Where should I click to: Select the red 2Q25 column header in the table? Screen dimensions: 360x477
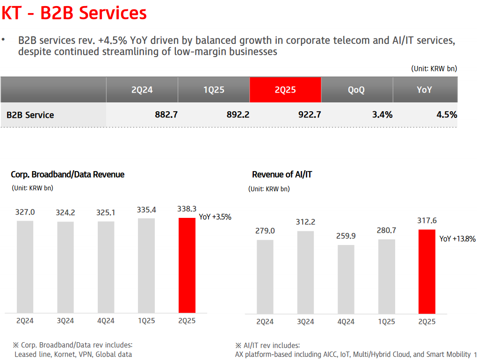[x=285, y=90]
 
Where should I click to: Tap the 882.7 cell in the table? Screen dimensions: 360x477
[x=166, y=115]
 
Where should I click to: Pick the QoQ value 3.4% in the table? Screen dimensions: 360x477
[x=382, y=115]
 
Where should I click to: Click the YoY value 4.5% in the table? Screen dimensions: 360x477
[x=447, y=115]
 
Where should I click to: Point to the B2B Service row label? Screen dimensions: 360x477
[x=30, y=115]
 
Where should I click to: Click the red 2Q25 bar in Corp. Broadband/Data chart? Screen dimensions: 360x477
[x=187, y=265]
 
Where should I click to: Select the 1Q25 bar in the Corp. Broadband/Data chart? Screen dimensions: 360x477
[x=146, y=266]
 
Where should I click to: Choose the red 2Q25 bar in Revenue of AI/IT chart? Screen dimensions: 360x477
[x=426, y=271]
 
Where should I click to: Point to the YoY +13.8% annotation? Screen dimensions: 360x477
[x=457, y=239]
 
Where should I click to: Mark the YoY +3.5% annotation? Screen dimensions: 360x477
[x=215, y=217]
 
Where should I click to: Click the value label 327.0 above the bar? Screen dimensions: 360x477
[x=25, y=212]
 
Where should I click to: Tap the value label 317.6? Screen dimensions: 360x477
[x=426, y=221]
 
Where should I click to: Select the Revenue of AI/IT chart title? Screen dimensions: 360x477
[x=282, y=175]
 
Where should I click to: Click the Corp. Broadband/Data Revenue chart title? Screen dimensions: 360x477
[x=67, y=175]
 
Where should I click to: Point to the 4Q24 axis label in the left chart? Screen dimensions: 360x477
[x=106, y=321]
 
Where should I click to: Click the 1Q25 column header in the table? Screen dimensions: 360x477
[x=214, y=90]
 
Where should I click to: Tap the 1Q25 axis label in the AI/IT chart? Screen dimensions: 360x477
[x=386, y=322]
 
